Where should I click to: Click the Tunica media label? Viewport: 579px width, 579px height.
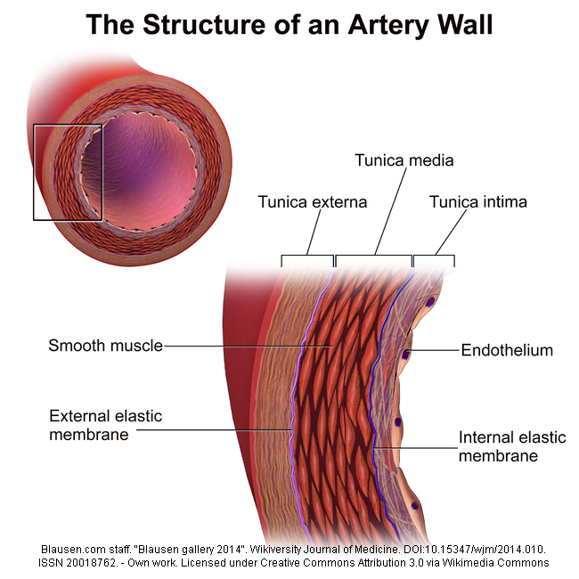point(404,160)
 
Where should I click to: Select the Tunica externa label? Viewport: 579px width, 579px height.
point(313,202)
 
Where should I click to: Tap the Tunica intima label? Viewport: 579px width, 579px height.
point(477,202)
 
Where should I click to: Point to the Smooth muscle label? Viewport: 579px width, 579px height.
point(106,346)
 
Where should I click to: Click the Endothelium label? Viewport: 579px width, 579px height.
point(507,350)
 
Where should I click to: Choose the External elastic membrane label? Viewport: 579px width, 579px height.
point(106,425)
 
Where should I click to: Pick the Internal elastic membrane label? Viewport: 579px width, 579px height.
point(512,446)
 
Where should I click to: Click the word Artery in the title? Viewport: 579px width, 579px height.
point(388,25)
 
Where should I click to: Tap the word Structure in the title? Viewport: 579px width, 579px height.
point(204,24)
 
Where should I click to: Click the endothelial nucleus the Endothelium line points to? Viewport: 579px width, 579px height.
point(406,355)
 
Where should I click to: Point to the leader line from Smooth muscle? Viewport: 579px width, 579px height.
point(249,346)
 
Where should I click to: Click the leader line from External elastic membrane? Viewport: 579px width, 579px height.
point(215,429)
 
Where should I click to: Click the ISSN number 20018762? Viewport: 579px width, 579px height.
point(91,563)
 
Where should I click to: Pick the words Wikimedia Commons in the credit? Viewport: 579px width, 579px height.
point(495,563)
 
